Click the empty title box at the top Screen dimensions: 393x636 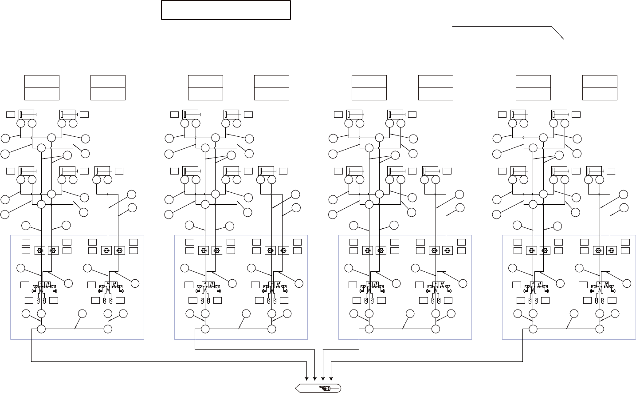click(226, 10)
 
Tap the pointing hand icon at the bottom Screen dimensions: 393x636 click(325, 389)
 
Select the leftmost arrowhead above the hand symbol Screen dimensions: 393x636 click(307, 378)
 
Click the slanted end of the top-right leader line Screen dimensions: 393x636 click(557, 33)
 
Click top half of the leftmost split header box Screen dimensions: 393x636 click(42, 81)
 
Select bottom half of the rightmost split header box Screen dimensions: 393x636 click(600, 94)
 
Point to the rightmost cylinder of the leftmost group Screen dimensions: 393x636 click(103, 171)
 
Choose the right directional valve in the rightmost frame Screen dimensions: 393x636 click(601, 287)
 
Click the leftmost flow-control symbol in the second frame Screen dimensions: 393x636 click(204, 250)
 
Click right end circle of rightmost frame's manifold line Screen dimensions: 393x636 click(600, 329)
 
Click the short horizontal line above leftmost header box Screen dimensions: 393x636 click(41, 66)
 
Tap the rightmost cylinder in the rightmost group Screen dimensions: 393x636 click(594, 171)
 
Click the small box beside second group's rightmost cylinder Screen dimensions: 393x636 click(283, 171)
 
